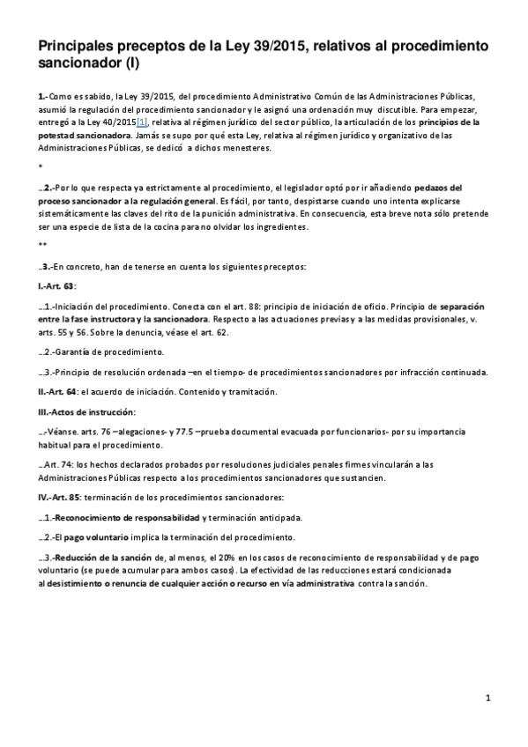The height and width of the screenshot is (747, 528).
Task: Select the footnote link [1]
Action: coord(142,122)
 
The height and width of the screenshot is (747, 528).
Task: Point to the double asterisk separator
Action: coord(42,246)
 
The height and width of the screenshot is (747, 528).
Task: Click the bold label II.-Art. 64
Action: coord(57,391)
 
